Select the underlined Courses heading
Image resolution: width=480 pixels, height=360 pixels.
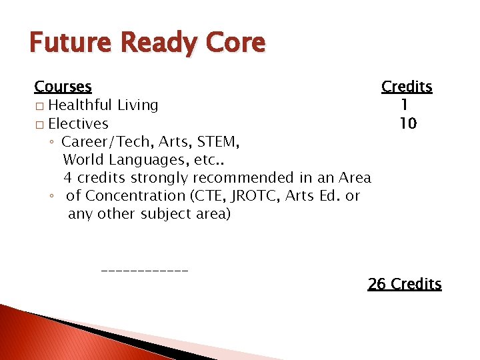click(x=63, y=87)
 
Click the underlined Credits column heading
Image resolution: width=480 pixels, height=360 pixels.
click(x=407, y=87)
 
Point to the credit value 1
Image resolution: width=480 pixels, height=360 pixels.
click(x=404, y=105)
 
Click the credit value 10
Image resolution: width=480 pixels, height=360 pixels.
click(x=407, y=123)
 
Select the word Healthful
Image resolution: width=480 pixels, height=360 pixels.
click(x=81, y=105)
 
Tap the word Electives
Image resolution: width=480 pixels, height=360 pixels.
click(x=78, y=123)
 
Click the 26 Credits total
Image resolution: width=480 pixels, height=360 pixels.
click(x=404, y=284)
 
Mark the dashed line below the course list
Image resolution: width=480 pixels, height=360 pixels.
click(x=145, y=271)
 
